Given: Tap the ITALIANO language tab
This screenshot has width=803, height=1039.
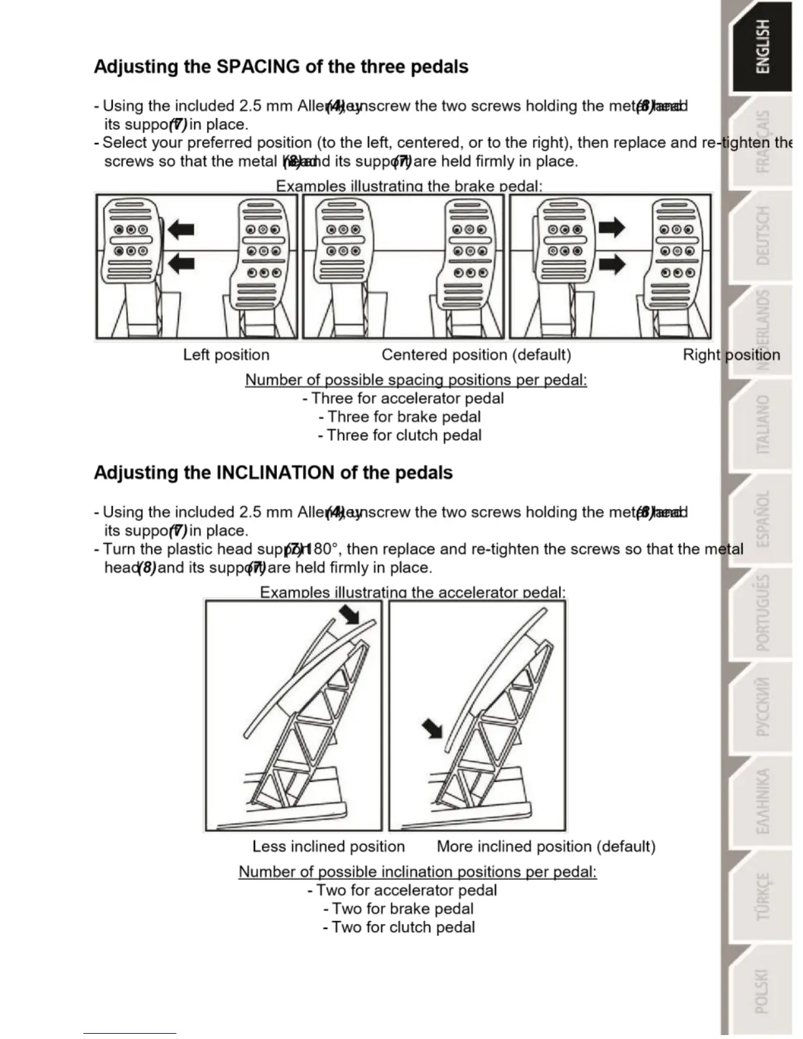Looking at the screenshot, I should click(x=763, y=424).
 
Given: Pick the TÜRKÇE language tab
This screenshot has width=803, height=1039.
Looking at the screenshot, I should click(x=763, y=896).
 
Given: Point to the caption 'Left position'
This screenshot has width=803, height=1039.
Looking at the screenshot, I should click(x=226, y=355).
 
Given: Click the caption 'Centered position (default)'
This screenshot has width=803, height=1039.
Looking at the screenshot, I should click(x=476, y=355).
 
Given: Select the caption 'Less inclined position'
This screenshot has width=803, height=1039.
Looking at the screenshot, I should click(x=328, y=846).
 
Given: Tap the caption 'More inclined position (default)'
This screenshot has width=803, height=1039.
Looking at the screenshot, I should click(x=546, y=846).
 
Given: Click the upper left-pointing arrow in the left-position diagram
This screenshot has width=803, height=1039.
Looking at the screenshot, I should click(x=181, y=229).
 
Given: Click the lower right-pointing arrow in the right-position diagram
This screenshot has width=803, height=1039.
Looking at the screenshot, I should click(x=612, y=264).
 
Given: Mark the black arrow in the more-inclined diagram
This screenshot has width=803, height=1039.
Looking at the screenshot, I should click(x=432, y=727).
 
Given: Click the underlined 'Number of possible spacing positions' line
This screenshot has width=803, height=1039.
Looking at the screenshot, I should click(x=416, y=380).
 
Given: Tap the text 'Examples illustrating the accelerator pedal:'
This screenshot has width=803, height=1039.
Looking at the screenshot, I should click(x=413, y=592).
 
